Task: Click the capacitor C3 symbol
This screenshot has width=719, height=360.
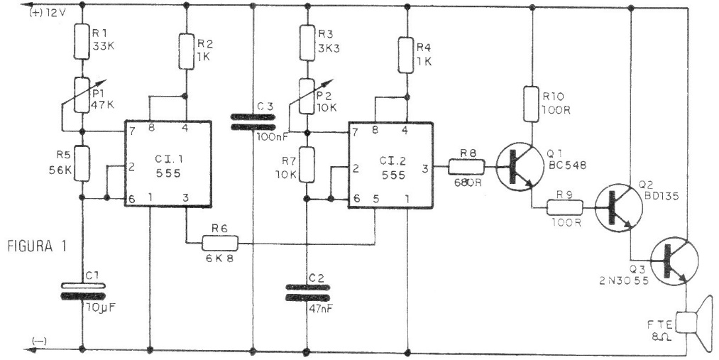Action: (253, 121)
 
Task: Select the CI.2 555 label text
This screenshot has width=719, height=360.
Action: (389, 165)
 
